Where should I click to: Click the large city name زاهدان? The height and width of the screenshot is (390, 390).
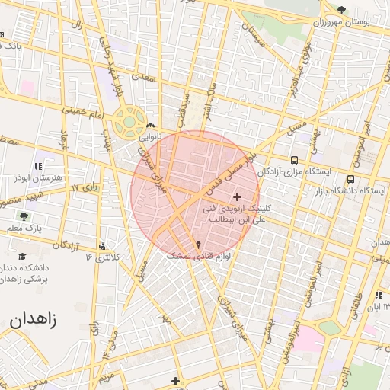click(34, 319)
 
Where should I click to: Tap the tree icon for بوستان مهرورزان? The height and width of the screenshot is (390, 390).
click(340, 9)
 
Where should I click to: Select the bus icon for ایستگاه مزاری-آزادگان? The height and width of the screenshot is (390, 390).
click(294, 161)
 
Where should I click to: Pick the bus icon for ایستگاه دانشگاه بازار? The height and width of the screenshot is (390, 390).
click(350, 179)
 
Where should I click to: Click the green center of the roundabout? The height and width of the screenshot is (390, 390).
click(129, 120)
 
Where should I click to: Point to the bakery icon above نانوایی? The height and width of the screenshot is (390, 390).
click(150, 126)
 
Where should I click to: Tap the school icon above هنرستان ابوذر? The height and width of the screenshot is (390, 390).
click(37, 166)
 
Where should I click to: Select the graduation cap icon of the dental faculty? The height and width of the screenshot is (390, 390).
click(22, 257)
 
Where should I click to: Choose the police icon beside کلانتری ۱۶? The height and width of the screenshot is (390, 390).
click(102, 246)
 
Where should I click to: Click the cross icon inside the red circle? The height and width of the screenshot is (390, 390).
click(237, 197)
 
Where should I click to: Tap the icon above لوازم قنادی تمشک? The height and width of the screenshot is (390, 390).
click(199, 245)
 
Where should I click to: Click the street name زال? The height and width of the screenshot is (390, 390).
click(76, 27)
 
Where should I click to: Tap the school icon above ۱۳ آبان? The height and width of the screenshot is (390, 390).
click(378, 295)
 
